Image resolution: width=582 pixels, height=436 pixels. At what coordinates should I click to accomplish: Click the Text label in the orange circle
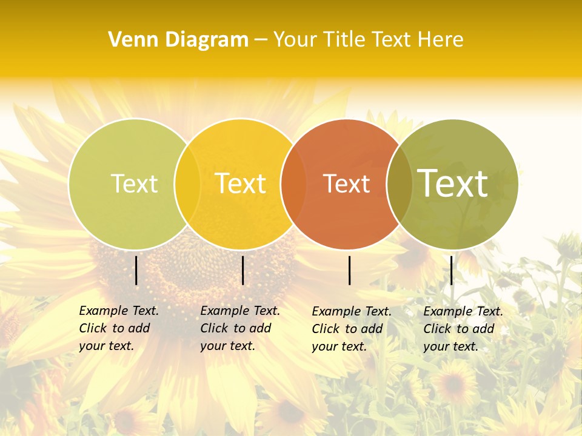pos(346,184)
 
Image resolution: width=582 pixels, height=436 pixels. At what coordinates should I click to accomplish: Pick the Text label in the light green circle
pos(134,184)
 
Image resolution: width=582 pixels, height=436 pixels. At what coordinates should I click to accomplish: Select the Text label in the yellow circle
pos(240,184)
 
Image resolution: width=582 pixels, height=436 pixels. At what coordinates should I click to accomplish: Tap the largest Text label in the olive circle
pos(452,183)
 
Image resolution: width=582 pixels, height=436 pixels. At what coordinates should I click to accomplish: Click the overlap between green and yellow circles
pos(187,184)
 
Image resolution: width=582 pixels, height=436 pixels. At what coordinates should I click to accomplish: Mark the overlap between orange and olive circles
pos(399,184)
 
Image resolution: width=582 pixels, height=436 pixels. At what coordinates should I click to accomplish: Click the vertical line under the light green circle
pos(136,270)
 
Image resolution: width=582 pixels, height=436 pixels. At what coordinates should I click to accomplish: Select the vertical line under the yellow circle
pos(242,270)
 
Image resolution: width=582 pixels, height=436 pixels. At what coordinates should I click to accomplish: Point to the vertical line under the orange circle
pos(350,270)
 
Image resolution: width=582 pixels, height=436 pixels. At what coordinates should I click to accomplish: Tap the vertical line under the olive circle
pos(451,270)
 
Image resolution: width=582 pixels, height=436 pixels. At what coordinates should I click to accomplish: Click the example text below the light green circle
pos(119,328)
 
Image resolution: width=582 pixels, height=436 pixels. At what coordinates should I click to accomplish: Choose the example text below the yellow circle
pos(240,328)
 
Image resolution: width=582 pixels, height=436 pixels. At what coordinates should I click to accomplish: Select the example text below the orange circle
pos(352,329)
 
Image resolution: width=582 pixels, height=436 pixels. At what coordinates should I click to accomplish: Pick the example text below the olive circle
pos(463,329)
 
